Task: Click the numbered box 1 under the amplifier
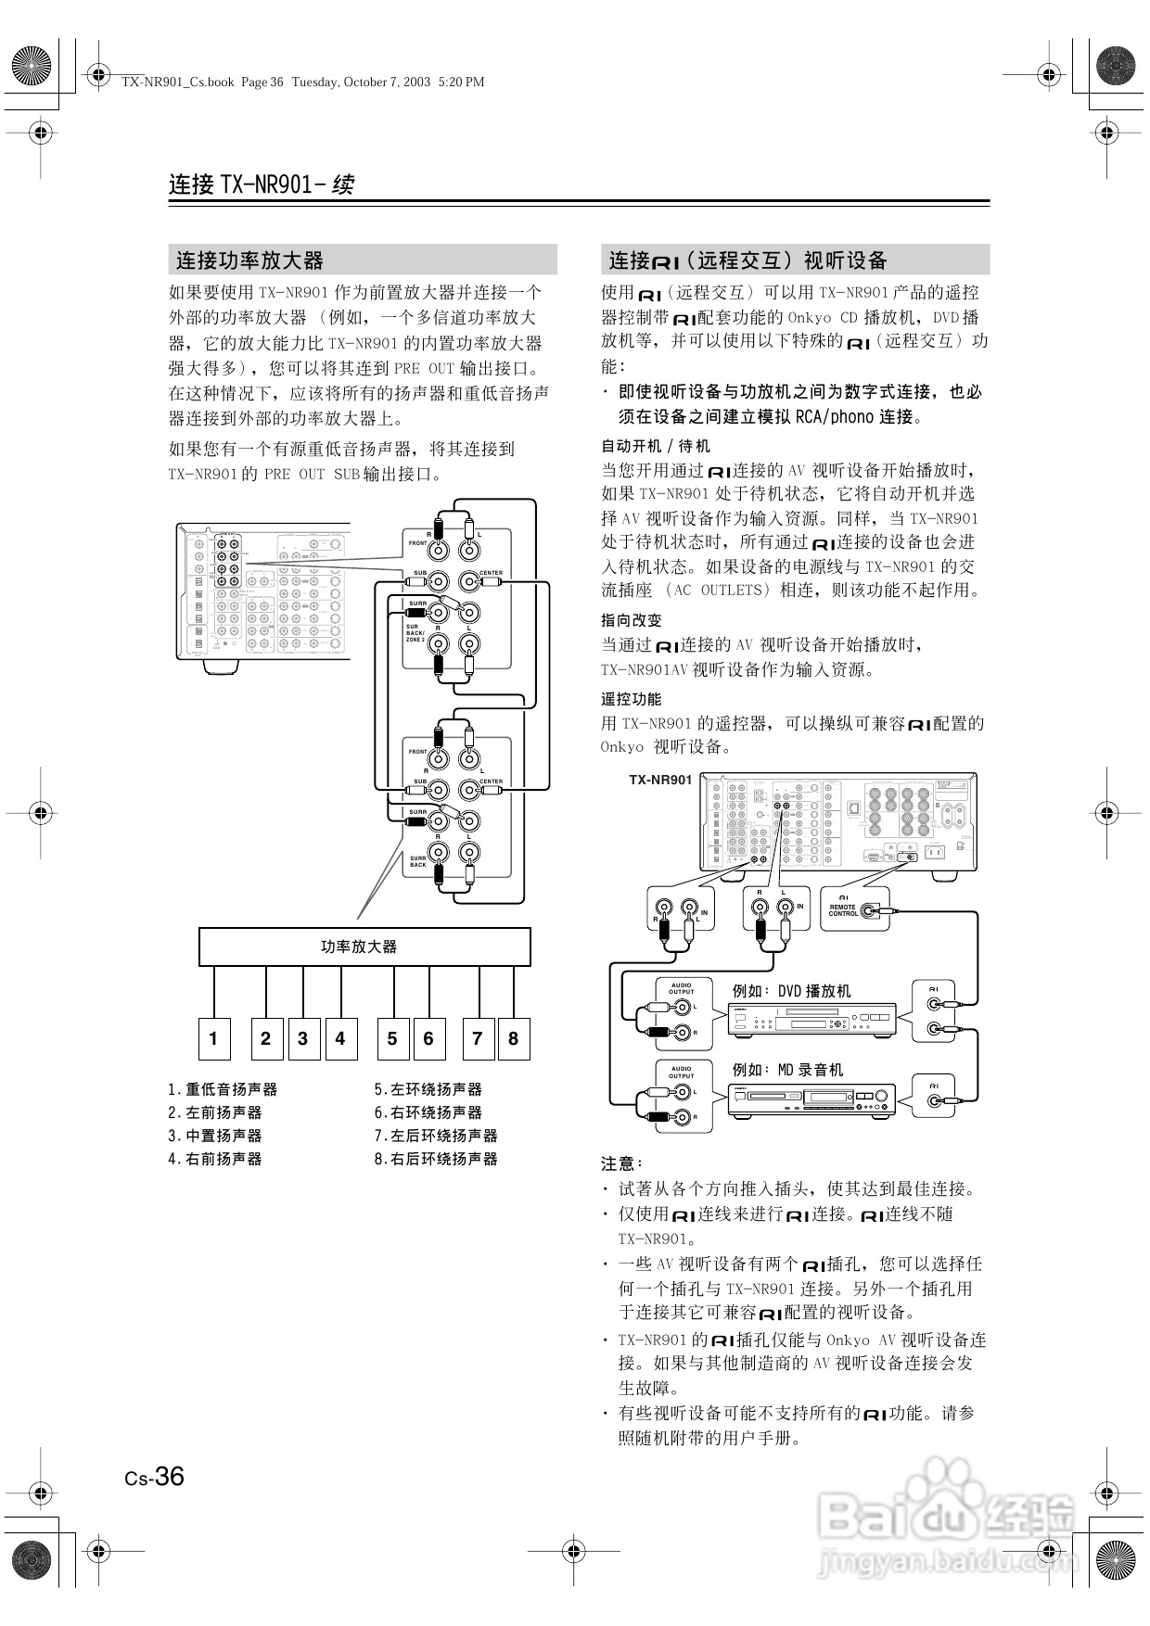click(x=213, y=1038)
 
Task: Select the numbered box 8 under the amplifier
click(x=513, y=1038)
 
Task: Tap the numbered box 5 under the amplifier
click(x=392, y=1038)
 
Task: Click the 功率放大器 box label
click(x=359, y=946)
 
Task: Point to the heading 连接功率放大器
click(x=249, y=260)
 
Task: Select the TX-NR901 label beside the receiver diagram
click(x=660, y=780)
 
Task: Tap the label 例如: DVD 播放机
click(x=790, y=991)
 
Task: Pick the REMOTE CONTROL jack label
click(x=844, y=910)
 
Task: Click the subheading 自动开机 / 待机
click(x=656, y=446)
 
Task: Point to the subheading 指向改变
click(x=632, y=620)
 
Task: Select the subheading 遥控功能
click(x=632, y=699)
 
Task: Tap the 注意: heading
click(x=621, y=1162)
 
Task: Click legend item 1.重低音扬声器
click(x=223, y=1089)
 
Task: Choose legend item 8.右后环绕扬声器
click(x=436, y=1159)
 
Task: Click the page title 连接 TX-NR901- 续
click(x=262, y=184)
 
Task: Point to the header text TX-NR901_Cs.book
click(x=177, y=82)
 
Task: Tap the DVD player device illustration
click(x=813, y=1020)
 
